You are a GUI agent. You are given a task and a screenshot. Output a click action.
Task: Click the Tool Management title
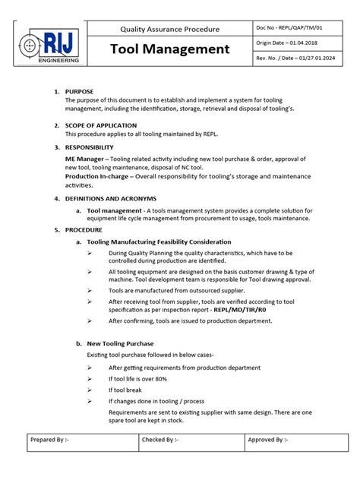pos(169,49)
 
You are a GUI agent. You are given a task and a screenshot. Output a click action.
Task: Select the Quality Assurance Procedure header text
pos(169,29)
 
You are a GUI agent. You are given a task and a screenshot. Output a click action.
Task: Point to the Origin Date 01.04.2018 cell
pos(289,44)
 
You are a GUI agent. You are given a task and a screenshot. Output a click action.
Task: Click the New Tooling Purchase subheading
pos(121,343)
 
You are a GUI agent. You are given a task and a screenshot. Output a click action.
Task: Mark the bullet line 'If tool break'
pos(125,390)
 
